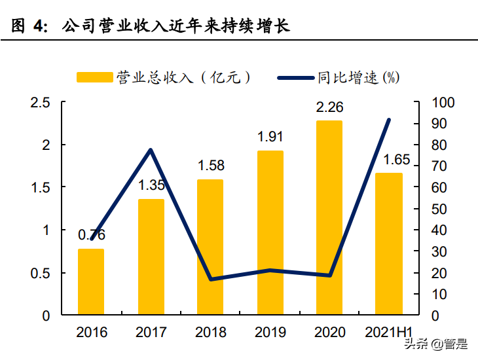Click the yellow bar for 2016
91,281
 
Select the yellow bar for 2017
151,257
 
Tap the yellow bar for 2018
210,247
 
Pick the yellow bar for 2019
270,232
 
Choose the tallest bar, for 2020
329,217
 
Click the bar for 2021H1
389,243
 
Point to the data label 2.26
329,107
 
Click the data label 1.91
270,137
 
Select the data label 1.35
151,185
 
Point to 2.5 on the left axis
41,102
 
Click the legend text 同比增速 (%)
358,77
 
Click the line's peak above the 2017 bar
151,151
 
